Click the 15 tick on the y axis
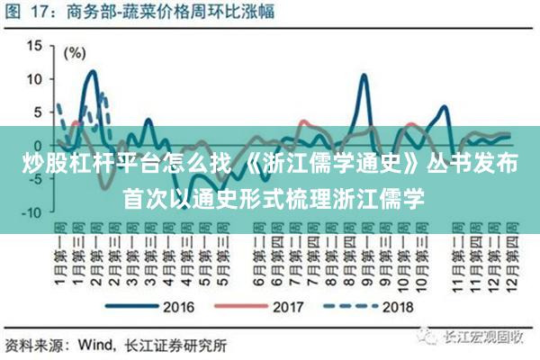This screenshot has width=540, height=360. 34,46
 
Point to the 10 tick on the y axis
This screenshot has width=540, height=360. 34,79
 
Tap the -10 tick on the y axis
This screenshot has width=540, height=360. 32,212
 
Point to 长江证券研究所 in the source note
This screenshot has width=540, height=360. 175,343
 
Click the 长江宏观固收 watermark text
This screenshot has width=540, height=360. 481,338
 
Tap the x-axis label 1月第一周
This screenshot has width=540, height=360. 58,252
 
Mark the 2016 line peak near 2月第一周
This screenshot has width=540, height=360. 92,71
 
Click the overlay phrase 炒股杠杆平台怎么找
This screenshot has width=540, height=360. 121,166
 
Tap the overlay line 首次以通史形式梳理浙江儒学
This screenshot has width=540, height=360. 270,195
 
